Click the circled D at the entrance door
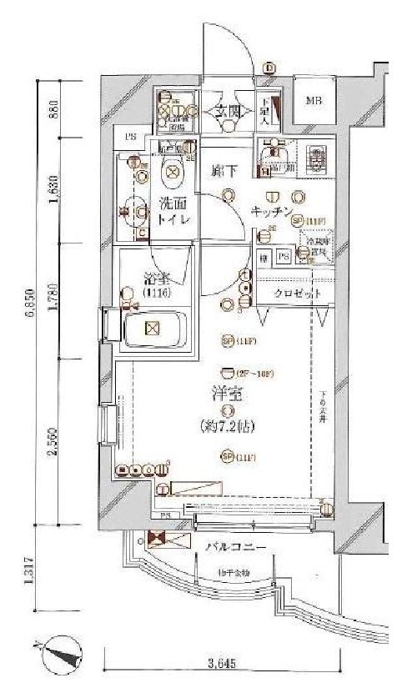pos(269,68)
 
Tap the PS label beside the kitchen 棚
pos(284,258)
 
